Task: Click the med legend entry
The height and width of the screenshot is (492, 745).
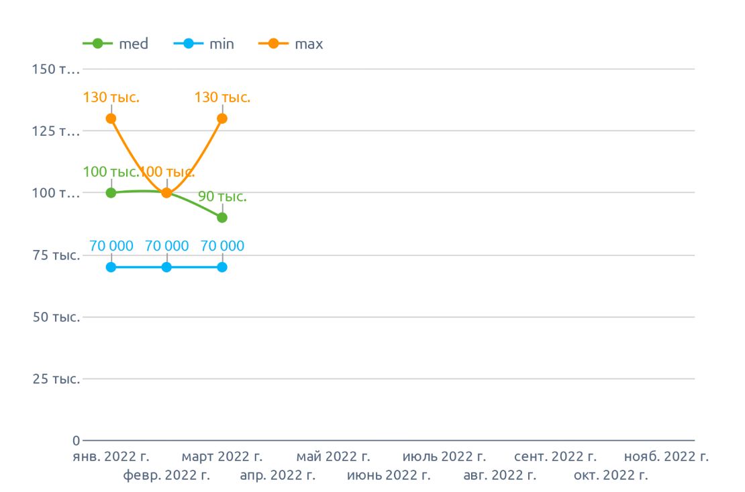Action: coord(115,44)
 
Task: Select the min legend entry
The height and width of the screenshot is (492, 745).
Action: coord(204,44)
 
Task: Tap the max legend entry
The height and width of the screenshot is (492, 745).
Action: coord(291,44)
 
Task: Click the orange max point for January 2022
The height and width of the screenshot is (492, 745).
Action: coord(111,118)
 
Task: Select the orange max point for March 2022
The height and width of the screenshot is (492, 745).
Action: coord(222,118)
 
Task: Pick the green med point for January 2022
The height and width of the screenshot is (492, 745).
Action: coord(111,193)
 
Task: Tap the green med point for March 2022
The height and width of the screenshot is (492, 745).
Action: coord(222,217)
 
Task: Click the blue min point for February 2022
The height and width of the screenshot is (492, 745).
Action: coord(166,267)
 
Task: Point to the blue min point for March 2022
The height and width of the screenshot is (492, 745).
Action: coord(222,267)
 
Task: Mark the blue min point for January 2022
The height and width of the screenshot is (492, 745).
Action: coord(111,267)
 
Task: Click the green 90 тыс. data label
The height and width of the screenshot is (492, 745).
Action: coord(222,198)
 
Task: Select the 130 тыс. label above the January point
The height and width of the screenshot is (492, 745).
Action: coord(111,97)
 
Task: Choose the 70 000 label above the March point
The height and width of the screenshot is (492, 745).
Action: coord(222,246)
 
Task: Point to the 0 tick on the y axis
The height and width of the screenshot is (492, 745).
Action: coord(76,441)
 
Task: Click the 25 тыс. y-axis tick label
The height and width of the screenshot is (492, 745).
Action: coord(56,379)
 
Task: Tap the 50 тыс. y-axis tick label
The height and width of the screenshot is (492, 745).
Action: coord(56,317)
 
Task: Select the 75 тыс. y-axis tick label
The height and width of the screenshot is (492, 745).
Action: coord(56,255)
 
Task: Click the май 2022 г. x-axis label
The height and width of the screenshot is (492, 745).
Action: coord(334,457)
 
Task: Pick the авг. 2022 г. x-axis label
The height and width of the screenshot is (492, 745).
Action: coord(500,476)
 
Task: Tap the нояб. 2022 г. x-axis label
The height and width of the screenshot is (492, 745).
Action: coord(666,457)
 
